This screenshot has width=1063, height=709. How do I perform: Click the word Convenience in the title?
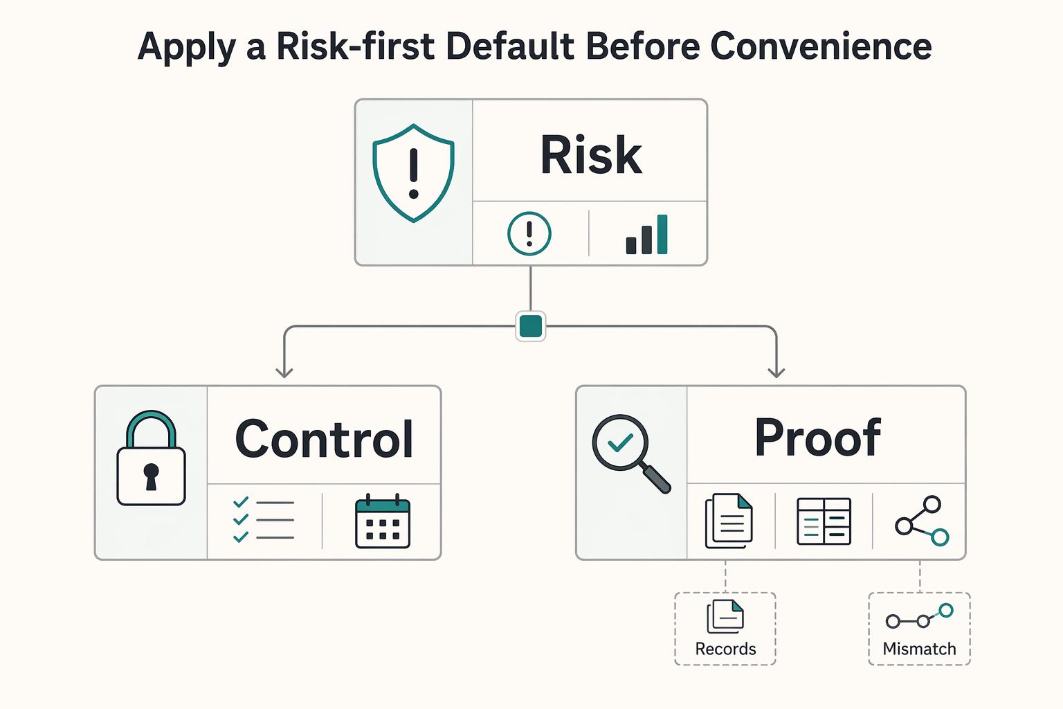[821, 46]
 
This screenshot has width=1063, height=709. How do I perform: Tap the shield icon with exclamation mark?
[413, 173]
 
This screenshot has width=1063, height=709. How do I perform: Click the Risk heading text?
[591, 154]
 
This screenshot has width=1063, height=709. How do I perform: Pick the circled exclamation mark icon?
[529, 233]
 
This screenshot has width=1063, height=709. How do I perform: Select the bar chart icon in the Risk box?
[647, 234]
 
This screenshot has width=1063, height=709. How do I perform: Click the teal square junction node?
[531, 326]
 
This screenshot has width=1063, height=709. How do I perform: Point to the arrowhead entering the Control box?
[284, 373]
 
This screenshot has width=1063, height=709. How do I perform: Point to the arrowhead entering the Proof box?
[776, 373]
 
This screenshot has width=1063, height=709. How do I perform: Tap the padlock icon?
[151, 458]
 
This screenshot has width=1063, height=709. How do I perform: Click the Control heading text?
[324, 439]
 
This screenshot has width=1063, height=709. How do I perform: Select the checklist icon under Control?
[264, 519]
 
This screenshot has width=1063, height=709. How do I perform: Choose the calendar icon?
[383, 521]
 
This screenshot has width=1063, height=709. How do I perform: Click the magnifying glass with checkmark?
[631, 454]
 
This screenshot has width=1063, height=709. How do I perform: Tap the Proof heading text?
[817, 438]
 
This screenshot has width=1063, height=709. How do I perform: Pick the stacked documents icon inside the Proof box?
[729, 521]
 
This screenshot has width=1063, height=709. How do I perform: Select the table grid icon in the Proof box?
[824, 521]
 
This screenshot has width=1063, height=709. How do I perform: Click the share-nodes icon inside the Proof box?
[922, 521]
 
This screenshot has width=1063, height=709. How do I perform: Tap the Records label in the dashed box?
[725, 649]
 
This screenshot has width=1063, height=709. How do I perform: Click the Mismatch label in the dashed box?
[919, 649]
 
